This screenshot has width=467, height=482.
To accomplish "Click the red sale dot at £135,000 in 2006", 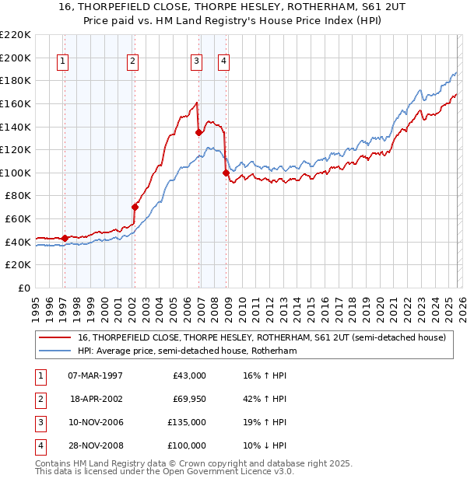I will pyautogui.click(x=199, y=132).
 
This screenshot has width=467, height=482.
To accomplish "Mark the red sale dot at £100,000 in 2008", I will pyautogui.click(x=226, y=173).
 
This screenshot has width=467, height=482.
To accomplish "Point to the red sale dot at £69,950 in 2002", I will pyautogui.click(x=135, y=207).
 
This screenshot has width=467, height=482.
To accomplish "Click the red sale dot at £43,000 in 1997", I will pyautogui.click(x=65, y=238).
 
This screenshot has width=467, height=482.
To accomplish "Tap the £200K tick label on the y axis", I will pyautogui.click(x=16, y=58).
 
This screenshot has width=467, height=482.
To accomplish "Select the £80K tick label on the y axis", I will pyautogui.click(x=18, y=196).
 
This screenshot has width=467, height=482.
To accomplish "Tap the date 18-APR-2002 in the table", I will pyautogui.click(x=97, y=399).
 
